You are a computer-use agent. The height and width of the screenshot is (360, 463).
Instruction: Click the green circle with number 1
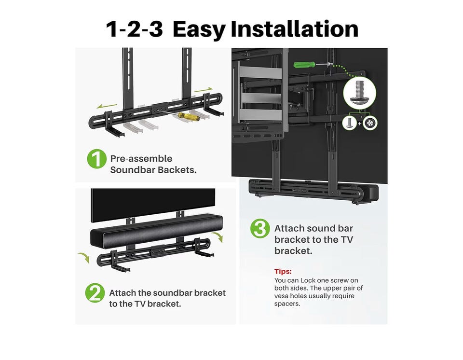point(96,159)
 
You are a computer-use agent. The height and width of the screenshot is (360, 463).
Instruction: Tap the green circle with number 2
point(95,293)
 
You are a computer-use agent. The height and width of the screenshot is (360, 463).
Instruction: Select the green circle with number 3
point(260,228)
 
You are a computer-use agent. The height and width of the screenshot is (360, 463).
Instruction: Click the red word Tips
point(283,271)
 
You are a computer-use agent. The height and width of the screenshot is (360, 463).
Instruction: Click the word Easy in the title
point(199,29)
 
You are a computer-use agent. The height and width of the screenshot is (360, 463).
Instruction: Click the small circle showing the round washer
point(370,123)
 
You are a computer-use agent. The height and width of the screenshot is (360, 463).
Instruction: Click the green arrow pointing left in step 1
point(107,106)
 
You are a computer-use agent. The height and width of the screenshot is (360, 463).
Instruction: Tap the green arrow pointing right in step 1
point(203,89)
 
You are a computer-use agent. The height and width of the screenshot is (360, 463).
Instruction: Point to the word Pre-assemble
point(141,159)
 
